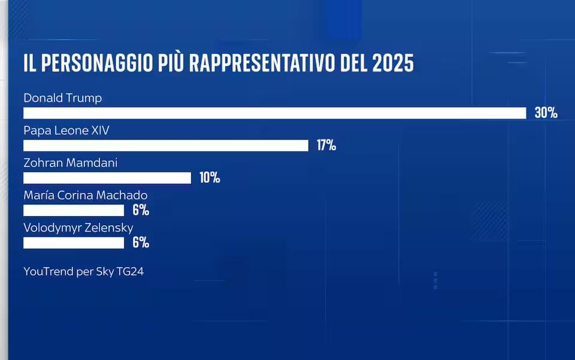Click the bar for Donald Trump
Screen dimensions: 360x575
coord(274,113)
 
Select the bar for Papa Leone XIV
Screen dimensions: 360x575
coord(166,146)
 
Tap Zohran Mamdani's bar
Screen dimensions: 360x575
coord(107,178)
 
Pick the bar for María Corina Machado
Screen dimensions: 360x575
coord(74,210)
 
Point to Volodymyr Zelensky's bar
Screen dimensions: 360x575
coord(74,243)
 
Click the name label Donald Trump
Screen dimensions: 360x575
coord(63,98)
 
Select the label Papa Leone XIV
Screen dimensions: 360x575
coord(66,130)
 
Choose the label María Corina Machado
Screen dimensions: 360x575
coord(86,195)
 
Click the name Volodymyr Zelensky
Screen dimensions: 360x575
coord(78,227)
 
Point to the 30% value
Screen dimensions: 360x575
coord(546,113)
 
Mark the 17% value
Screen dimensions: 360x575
coord(326,145)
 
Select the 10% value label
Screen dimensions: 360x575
coord(210,177)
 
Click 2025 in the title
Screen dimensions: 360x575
coord(394,63)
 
